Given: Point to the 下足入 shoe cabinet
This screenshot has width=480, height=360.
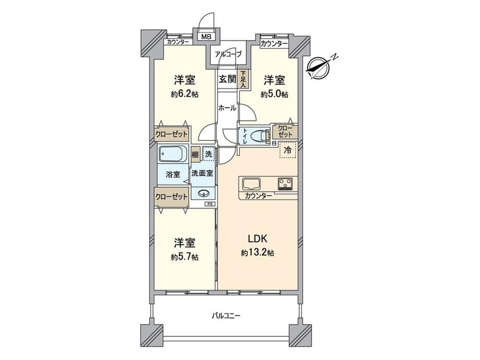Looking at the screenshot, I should tap(243, 79).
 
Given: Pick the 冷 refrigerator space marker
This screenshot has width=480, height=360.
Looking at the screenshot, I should tap(287, 150).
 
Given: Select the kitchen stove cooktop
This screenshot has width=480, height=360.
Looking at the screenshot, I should tap(285, 184).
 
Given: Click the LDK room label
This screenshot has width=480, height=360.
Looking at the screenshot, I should tap(257, 239).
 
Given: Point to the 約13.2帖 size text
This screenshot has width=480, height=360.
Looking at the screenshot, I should tap(257, 253).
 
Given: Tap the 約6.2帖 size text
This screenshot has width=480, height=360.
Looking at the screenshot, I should tap(184, 94).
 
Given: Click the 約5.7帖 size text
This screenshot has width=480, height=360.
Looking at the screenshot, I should tap(184, 257).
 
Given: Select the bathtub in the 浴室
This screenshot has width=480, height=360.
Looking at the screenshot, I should tap(173, 155).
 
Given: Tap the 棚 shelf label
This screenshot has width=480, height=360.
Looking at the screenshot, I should tap(195, 154).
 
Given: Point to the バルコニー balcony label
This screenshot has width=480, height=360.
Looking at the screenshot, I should tap(225, 316).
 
